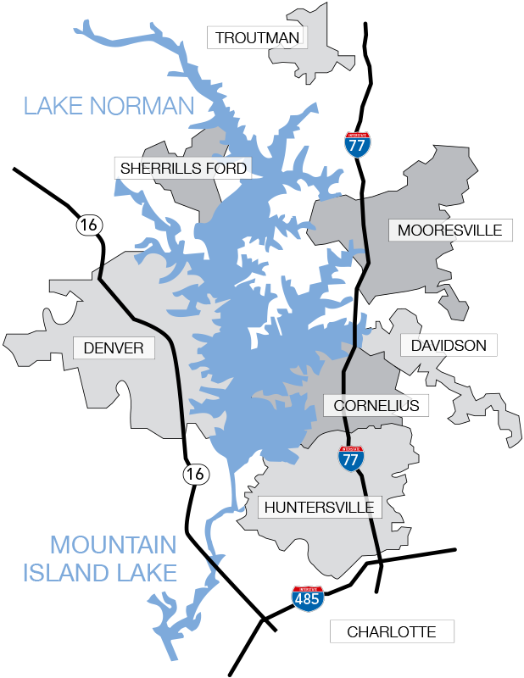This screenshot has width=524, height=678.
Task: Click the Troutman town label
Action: tap(257, 37)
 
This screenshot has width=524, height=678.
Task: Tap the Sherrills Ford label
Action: tap(183, 168)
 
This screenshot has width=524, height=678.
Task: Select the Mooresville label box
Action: tap(449, 230)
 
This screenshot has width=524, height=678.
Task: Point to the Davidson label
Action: tap(449, 345)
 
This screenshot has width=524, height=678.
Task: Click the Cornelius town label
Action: tap(376, 405)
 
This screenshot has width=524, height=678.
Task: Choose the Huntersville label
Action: tap(320, 508)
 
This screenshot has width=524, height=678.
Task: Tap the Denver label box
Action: tap(114, 347)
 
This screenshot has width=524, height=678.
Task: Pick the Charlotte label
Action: tap(392, 631)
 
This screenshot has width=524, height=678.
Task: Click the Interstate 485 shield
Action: tap(307, 598)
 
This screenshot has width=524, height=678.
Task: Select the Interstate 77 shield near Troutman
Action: tap(358, 144)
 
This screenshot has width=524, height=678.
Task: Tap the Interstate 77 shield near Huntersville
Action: tap(351, 458)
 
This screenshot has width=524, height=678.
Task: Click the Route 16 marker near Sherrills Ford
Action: tap(88, 225)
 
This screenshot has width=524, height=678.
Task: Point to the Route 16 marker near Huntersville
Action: tap(196, 474)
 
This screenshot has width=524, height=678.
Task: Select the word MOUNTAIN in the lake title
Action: tap(113, 545)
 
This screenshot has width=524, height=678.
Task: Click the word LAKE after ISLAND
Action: tap(143, 573)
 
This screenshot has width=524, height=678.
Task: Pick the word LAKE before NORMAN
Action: tap(53, 106)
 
